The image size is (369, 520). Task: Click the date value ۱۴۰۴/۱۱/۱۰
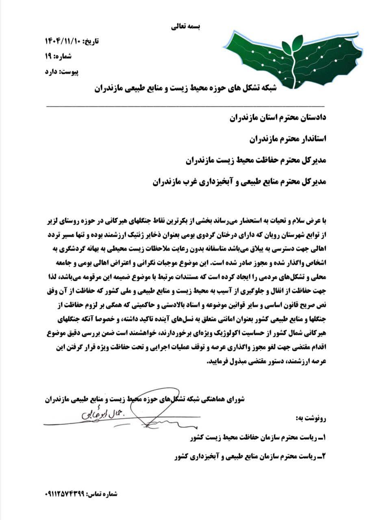point(63,41)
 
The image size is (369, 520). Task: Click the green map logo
point(293,59)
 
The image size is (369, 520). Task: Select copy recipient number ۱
point(258,438)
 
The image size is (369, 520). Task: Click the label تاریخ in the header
point(91,41)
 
